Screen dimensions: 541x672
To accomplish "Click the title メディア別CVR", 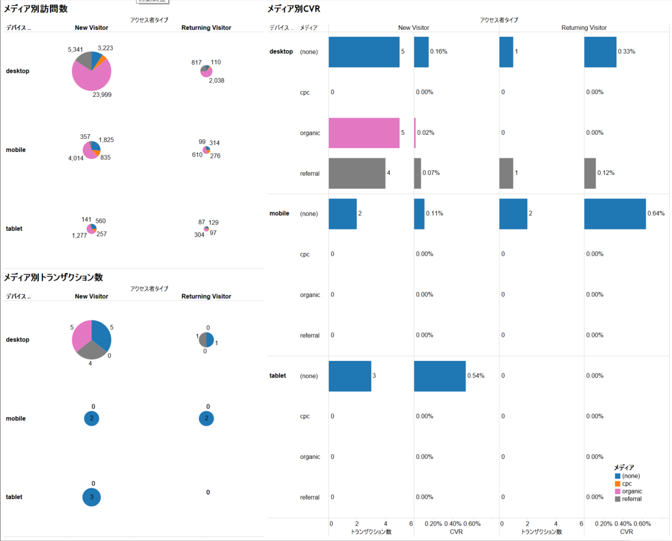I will point(294,9).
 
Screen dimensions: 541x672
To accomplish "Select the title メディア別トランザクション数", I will point(53,277).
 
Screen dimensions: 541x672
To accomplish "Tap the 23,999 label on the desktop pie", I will point(102,95).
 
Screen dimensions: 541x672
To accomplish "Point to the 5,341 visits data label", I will point(77,49).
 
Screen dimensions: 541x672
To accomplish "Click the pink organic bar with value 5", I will point(364,133).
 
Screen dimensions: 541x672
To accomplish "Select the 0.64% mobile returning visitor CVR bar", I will point(615,213).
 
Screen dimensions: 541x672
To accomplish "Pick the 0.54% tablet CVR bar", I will point(440,376).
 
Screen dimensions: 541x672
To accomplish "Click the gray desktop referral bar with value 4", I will point(357,173).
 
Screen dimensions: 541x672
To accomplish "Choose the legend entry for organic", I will point(632,491).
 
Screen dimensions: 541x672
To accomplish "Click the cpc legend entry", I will point(627,484).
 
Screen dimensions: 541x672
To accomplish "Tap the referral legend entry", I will point(631,499).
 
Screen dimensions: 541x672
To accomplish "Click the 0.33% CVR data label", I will point(626,52).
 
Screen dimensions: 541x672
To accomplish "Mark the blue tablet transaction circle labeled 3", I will point(92,497).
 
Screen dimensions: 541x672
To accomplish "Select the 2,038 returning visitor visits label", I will point(216,81).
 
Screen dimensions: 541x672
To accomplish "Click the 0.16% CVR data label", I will point(438,52).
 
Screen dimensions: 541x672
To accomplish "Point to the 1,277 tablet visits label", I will point(79,235).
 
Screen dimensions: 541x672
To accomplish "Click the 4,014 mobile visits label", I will point(75,158).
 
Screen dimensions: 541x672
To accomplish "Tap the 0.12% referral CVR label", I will point(605,173).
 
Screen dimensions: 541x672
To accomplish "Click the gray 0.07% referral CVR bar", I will point(417,173).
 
